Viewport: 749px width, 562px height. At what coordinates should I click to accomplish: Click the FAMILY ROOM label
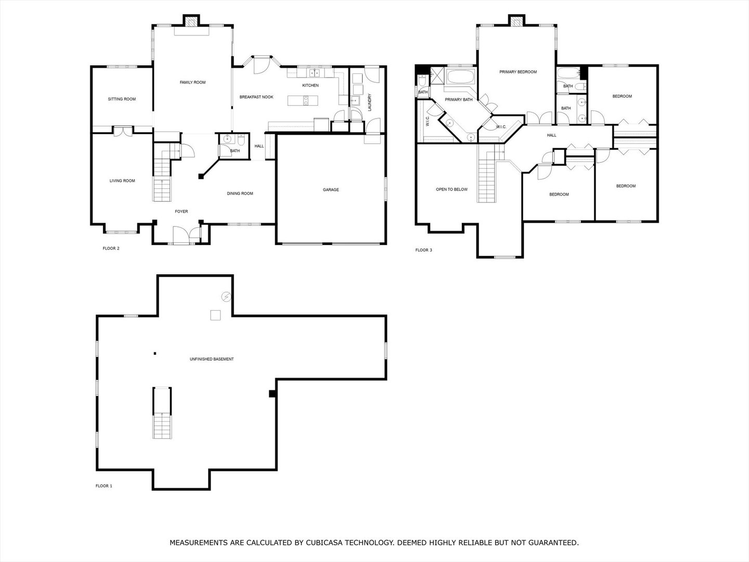[x=192, y=82]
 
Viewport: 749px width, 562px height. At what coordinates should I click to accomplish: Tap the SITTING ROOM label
[x=122, y=99]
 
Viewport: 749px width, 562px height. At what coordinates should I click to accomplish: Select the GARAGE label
[x=331, y=189]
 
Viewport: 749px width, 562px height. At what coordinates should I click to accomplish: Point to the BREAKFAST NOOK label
[x=256, y=97]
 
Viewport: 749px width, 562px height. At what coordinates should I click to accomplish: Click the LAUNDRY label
[x=369, y=102]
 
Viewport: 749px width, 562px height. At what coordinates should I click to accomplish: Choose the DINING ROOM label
[x=240, y=194]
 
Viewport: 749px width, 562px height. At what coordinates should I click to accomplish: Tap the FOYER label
[x=181, y=212]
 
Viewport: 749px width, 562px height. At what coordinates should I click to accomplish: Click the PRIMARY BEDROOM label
[x=518, y=72]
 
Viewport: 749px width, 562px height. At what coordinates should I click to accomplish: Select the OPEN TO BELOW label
[x=451, y=189]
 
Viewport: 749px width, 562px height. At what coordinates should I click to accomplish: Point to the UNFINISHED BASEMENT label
[x=212, y=359]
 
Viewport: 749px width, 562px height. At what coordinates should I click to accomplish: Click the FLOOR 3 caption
[x=423, y=250]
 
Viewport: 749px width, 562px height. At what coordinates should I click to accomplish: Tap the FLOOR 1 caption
[x=104, y=486]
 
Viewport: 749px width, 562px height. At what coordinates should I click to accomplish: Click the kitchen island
[x=303, y=100]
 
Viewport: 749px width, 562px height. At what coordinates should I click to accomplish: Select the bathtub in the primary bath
[x=461, y=77]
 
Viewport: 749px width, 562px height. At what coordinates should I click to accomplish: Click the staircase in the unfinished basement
[x=162, y=413]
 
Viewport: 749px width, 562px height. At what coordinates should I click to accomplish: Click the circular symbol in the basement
[x=226, y=297]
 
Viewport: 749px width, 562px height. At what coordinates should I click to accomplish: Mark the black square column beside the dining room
[x=201, y=176]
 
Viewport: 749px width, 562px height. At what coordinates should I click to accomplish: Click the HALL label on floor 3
[x=551, y=135]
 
